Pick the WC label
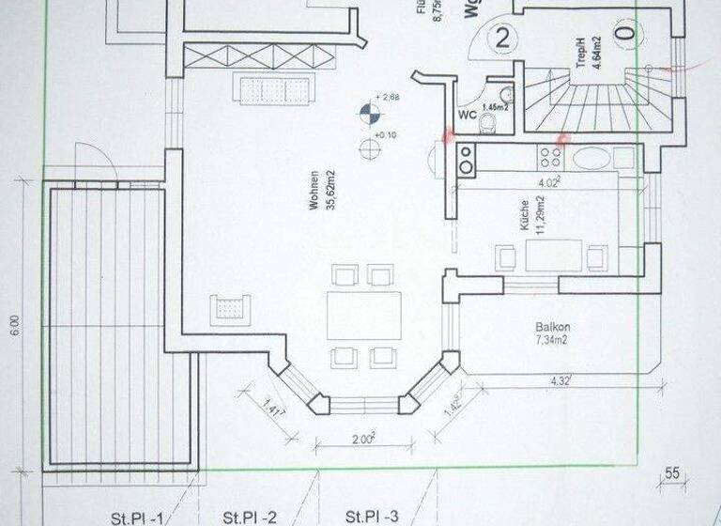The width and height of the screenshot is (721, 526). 466,116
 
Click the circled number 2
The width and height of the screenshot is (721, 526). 504,39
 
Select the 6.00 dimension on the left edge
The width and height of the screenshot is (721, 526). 14,324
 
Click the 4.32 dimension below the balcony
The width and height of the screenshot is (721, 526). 561,380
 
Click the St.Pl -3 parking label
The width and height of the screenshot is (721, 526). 372,517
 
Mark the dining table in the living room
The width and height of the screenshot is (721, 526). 363,315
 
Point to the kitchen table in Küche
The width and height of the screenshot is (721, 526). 554,255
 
